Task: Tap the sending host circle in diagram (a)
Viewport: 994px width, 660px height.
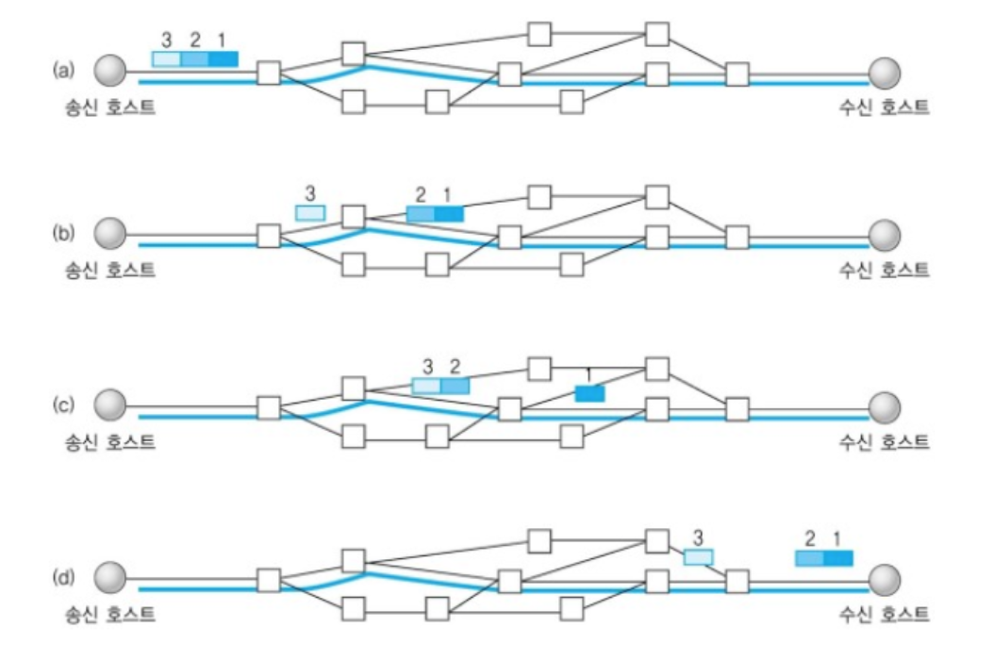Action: pos(111,70)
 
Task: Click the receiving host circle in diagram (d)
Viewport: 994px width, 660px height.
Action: pos(885,577)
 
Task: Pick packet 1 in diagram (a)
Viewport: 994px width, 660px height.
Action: pos(224,58)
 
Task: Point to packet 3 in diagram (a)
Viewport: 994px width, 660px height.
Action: pos(166,58)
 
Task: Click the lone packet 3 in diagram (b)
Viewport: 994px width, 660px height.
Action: pos(310,213)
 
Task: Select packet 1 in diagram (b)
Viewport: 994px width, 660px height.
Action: pos(449,214)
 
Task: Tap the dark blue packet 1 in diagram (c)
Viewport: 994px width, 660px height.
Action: pos(589,393)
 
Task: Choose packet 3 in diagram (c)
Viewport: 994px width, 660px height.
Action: pos(426,386)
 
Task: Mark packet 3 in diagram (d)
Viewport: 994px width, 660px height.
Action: pos(698,557)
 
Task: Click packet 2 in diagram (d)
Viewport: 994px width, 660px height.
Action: pos(809,558)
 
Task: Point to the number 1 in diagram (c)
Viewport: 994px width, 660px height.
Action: pos(589,374)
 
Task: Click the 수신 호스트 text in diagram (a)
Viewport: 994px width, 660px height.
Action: pos(885,107)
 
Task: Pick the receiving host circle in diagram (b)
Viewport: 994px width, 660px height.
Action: pos(885,233)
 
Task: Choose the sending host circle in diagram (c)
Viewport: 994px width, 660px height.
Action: pos(111,405)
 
